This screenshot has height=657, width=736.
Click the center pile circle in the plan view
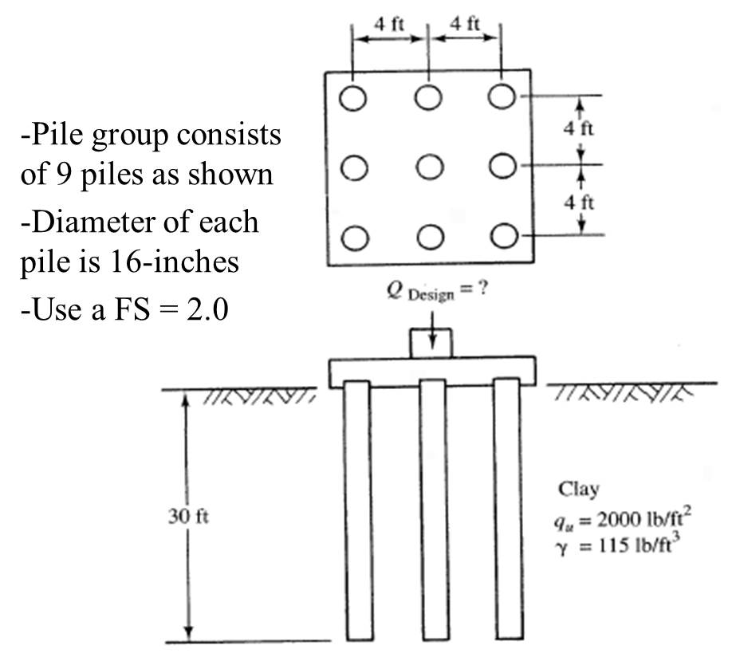pos(429,167)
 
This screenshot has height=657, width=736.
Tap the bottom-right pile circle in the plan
pos(503,236)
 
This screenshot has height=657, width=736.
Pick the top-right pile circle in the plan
pos(503,97)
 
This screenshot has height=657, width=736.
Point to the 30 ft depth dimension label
pos(188,517)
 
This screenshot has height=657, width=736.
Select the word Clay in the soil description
pos(579,490)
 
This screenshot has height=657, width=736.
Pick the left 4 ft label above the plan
pos(390,23)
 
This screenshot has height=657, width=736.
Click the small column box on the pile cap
pos(431,343)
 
